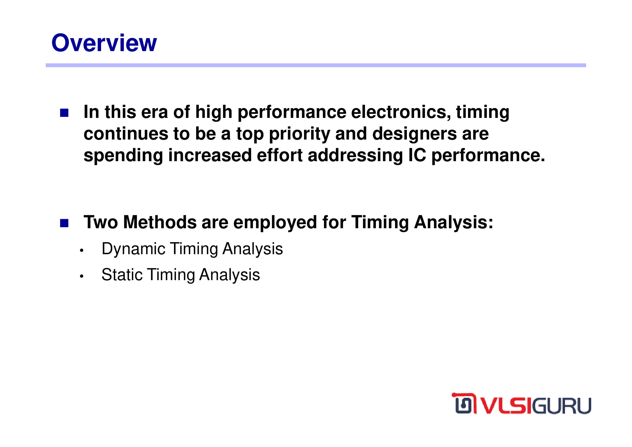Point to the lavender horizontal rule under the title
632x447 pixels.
point(316,65)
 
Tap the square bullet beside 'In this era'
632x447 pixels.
point(64,113)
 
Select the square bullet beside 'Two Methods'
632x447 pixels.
point(64,223)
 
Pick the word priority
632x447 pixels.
point(299,134)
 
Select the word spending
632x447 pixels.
point(123,156)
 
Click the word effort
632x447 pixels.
point(280,155)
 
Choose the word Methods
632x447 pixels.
point(160,222)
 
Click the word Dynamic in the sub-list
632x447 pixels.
point(133,249)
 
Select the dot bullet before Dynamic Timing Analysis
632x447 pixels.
point(82,250)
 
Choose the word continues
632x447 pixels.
point(126,134)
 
